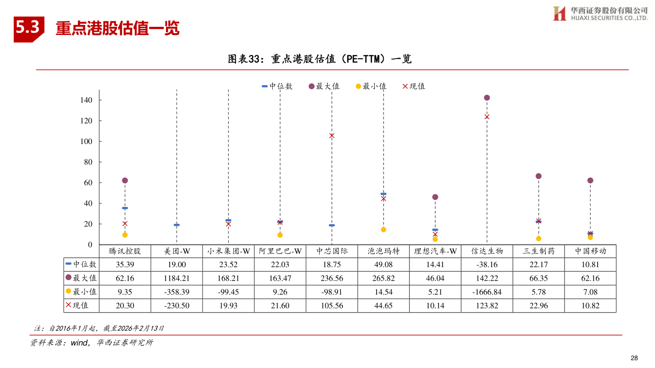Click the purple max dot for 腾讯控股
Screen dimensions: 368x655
(125, 180)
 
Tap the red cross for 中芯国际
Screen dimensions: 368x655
(332, 136)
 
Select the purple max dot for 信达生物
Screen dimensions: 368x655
(487, 98)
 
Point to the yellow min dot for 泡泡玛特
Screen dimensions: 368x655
(383, 229)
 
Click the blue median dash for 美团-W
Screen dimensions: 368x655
(176, 225)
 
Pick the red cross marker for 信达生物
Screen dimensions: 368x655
(487, 117)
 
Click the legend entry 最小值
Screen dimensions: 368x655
(371, 86)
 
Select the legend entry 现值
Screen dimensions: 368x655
(413, 86)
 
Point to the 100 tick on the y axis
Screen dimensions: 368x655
(86, 141)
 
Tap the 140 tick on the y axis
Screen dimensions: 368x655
(86, 100)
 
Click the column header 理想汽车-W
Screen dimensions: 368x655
(435, 251)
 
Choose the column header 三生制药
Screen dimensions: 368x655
(539, 251)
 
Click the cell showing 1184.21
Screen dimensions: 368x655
(176, 278)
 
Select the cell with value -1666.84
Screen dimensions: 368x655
(487, 292)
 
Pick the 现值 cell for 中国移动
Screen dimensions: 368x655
(590, 305)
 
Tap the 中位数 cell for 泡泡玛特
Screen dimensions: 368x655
(383, 264)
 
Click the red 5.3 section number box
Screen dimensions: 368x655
(28, 28)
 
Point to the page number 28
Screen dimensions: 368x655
(634, 358)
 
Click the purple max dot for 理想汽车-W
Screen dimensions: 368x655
(435, 197)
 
